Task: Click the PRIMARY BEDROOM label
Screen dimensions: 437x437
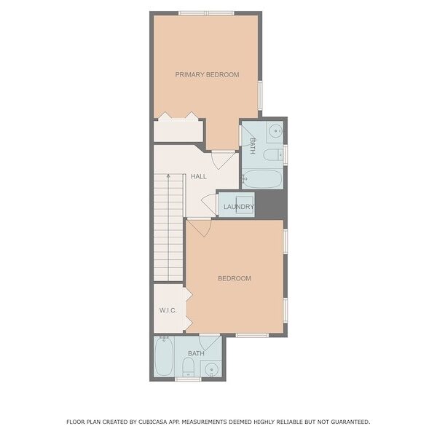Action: coord(207,75)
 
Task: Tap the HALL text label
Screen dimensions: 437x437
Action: coord(199,176)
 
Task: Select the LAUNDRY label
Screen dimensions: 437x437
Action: coord(239,207)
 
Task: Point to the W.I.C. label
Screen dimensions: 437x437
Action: coord(168,310)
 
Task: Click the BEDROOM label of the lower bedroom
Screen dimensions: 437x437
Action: coord(235,278)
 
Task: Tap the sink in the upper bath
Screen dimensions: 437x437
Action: coord(276,130)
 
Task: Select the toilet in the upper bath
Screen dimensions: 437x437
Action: coord(273,154)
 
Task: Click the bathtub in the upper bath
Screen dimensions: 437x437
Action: coord(262,178)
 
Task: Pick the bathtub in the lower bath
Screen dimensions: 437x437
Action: coord(164,356)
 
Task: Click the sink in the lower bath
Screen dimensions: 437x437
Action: coord(211,370)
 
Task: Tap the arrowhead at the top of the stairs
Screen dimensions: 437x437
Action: coord(168,176)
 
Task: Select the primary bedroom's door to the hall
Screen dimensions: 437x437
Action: coord(223,160)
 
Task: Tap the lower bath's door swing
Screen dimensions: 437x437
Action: coord(210,343)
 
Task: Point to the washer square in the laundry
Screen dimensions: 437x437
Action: coord(245,205)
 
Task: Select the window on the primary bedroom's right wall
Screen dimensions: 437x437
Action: coord(260,95)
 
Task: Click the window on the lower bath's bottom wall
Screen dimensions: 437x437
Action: coord(188,379)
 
